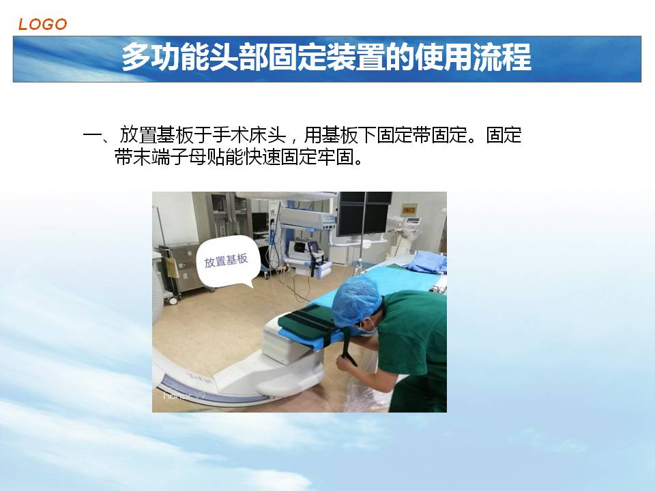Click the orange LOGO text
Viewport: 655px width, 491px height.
42,25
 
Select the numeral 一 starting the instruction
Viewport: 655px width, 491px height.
92,135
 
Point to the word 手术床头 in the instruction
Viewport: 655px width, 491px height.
249,135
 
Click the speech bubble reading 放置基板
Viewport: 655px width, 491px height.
227,262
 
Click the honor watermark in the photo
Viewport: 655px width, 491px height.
183,395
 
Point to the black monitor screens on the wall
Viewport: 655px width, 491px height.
364,213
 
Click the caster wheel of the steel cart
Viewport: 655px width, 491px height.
172,300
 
